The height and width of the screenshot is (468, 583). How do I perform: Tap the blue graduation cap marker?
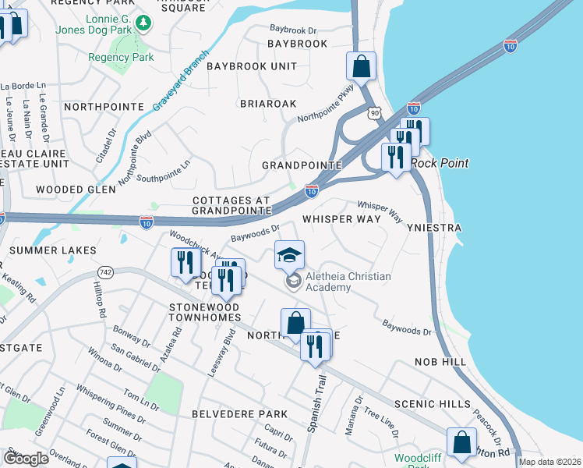coord(289,254)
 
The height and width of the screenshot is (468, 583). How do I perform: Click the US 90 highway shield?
coord(376,114)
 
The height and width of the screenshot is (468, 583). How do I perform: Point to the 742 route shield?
coord(106,271)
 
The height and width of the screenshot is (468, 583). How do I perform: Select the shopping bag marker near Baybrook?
coord(361,66)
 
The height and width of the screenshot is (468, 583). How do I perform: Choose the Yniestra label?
coord(435,227)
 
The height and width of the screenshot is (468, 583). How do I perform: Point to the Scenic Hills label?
coord(433,403)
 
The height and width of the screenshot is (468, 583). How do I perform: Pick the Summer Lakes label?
coord(53,250)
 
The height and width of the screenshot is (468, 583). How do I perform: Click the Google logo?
coord(26,459)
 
